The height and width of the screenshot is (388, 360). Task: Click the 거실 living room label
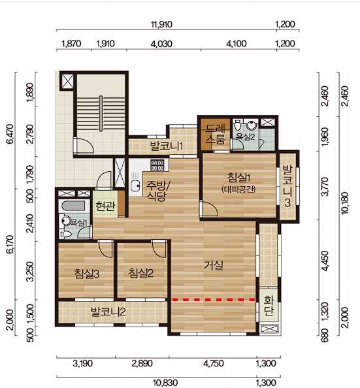click(x=214, y=265)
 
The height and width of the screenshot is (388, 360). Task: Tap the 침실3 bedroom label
click(x=87, y=274)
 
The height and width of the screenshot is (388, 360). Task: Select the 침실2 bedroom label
click(x=140, y=273)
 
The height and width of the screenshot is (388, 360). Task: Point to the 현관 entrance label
click(x=105, y=206)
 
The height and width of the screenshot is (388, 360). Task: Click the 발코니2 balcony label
click(x=108, y=312)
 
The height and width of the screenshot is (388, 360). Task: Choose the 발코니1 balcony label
click(x=167, y=146)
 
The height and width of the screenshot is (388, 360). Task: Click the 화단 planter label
click(x=269, y=306)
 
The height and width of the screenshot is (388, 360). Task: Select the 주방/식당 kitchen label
click(x=156, y=191)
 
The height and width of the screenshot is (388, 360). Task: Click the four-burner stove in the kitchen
click(x=157, y=165)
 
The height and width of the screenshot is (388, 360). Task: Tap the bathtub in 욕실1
click(x=74, y=206)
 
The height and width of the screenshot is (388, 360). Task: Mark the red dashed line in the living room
click(x=214, y=300)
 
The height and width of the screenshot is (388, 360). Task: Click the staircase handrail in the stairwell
click(x=101, y=114)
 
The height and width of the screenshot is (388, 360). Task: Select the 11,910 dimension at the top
click(x=161, y=24)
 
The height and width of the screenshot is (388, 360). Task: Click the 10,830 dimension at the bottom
click(x=165, y=383)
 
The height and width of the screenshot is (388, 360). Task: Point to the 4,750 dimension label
click(x=214, y=363)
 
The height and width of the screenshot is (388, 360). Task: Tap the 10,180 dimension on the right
click(x=344, y=202)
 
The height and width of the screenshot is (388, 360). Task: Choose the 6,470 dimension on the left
click(x=10, y=134)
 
